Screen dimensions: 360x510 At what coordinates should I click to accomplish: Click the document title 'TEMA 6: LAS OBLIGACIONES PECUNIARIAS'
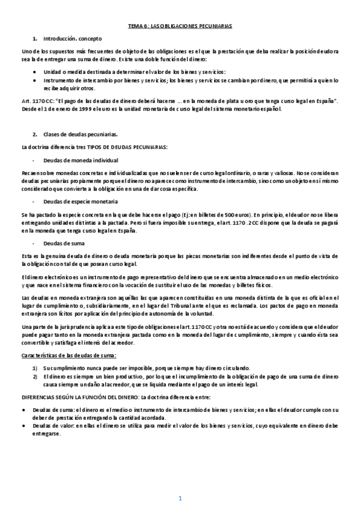(180, 26)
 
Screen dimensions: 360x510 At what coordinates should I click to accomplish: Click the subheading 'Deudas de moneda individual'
(81, 161)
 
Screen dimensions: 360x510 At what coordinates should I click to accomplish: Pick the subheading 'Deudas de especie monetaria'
(81, 201)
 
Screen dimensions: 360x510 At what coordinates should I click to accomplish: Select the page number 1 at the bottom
(180, 499)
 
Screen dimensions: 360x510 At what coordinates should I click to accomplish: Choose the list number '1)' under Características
(35, 368)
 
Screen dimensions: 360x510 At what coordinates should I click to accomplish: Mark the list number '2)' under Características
(35, 376)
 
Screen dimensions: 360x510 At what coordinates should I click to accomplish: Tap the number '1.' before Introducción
(35, 38)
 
